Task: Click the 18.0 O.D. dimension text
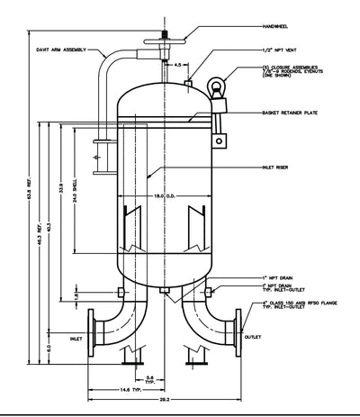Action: point(164,195)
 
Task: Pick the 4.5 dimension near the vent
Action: point(179,65)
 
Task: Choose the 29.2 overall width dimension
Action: point(165,397)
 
